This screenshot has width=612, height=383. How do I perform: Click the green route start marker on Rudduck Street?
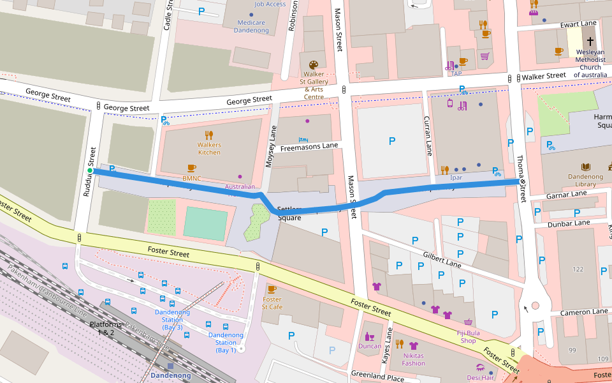(91, 171)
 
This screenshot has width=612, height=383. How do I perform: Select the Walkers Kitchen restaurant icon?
(208, 135)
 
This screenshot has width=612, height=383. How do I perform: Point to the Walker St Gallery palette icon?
(313, 64)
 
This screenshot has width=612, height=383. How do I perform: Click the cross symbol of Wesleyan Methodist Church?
(590, 41)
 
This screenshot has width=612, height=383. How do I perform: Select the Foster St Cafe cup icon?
(272, 289)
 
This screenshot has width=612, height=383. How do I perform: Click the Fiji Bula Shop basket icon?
(469, 322)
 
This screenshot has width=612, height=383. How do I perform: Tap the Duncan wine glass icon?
(369, 336)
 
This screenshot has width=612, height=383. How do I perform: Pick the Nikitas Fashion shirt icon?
(413, 345)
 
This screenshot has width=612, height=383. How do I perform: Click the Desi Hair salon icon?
(479, 368)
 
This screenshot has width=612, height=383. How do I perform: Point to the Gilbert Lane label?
(442, 259)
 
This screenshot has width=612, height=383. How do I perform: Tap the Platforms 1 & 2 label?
(102, 328)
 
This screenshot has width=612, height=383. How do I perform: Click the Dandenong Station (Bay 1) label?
(226, 342)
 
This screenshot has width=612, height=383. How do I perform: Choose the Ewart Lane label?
(579, 24)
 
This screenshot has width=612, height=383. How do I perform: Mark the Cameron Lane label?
(583, 312)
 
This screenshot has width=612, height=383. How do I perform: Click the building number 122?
(578, 269)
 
